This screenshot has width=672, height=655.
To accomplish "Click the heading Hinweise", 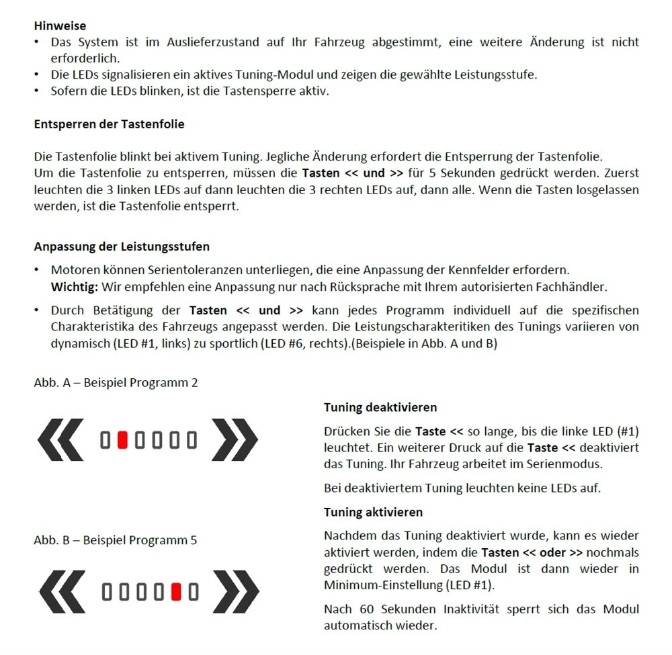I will (x=60, y=26).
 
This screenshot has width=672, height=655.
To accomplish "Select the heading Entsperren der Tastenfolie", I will (x=109, y=124).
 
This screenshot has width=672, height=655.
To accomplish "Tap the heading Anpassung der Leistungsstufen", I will (x=121, y=246).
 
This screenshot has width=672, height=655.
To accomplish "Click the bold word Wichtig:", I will (x=75, y=287).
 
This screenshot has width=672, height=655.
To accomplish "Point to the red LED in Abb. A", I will (x=122, y=440).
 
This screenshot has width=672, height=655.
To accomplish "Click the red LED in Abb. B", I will (x=176, y=592).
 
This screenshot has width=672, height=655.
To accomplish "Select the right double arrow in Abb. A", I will (x=235, y=439).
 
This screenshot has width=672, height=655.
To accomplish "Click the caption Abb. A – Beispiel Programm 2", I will (x=116, y=383).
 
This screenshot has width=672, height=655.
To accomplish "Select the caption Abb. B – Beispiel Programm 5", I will (x=116, y=540).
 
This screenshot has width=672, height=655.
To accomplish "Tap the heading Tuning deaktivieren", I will (x=380, y=407).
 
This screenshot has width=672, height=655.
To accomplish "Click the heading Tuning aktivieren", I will (x=373, y=512).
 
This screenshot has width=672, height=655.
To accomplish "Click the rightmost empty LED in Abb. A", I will (x=192, y=440).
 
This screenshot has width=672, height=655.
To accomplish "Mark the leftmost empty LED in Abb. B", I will (x=106, y=592).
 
